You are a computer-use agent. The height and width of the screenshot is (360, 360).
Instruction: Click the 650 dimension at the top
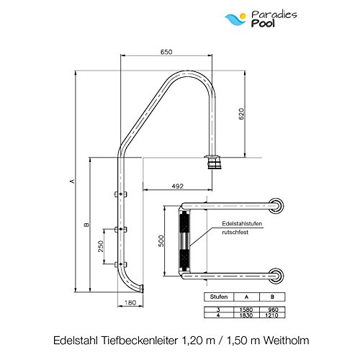click(x=166, y=52)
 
